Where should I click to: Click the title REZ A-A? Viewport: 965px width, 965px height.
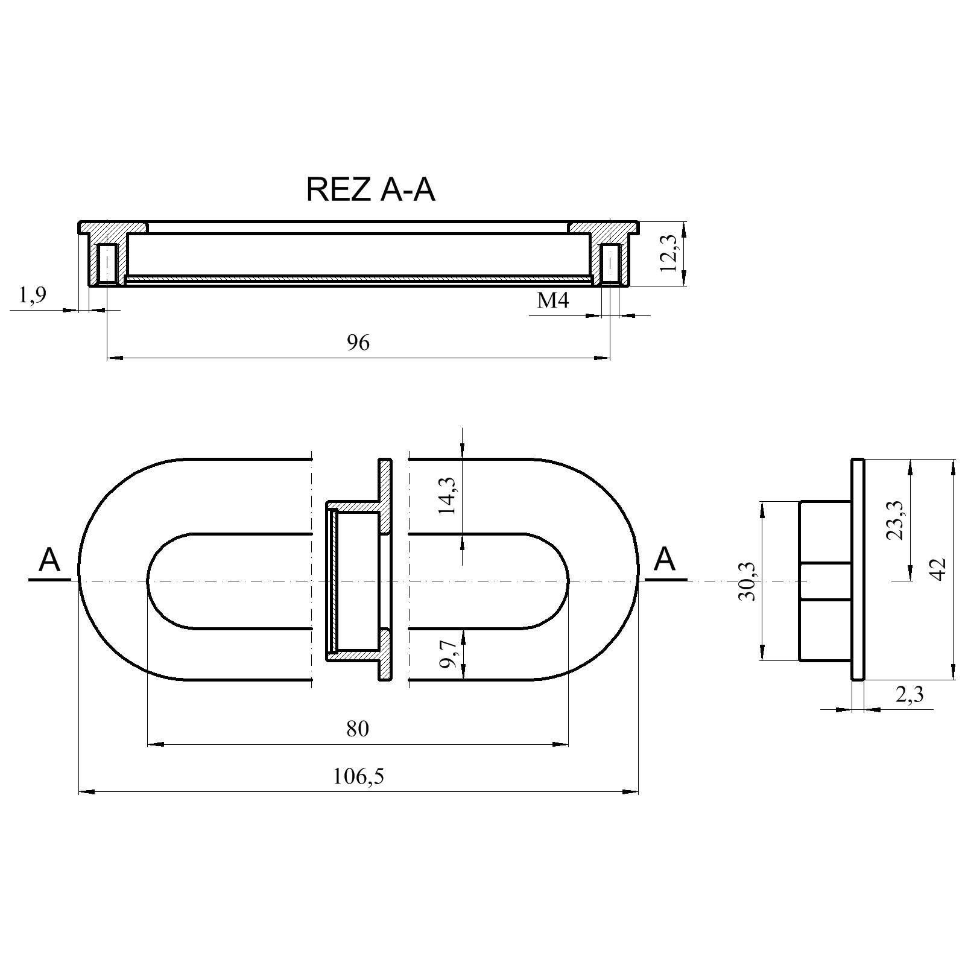[x=370, y=189]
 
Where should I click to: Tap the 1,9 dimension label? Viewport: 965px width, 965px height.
[x=33, y=296]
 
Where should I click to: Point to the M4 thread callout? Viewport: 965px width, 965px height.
[x=552, y=300]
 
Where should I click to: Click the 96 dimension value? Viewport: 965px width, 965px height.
[x=358, y=343]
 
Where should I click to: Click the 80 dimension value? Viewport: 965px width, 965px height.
[x=357, y=729]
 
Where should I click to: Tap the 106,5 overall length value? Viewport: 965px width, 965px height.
[x=358, y=776]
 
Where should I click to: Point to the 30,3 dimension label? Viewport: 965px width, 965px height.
[x=748, y=580]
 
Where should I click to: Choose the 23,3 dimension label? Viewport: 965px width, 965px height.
[x=896, y=520]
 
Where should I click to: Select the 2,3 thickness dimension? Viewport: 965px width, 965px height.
[x=910, y=695]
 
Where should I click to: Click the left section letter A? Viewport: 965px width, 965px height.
[x=49, y=560]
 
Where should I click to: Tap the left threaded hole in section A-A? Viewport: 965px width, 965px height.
[x=107, y=263]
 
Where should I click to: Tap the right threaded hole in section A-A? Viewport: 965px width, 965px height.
[x=610, y=263]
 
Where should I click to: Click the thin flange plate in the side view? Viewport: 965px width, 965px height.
[x=858, y=569]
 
